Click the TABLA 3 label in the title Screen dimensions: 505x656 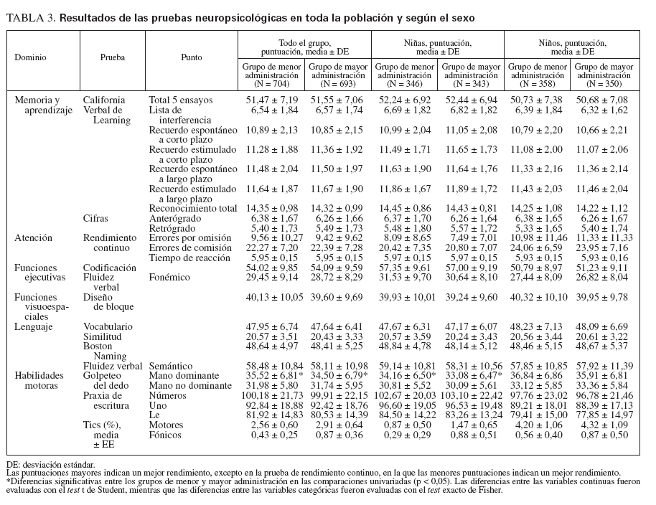coord(31,16)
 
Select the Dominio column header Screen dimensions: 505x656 coord(31,57)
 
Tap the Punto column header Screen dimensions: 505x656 coord(192,57)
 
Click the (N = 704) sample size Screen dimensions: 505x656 coord(271,82)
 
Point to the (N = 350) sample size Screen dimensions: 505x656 coord(604,82)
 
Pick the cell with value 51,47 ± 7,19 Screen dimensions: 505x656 coord(271,100)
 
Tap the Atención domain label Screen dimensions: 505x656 coord(34,238)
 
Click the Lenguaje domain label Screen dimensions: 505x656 coord(35,326)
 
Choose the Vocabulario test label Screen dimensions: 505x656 coord(108,326)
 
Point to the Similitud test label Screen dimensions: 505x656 coord(102,336)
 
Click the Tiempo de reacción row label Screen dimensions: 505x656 coord(190,258)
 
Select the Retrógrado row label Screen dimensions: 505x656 coord(174,228)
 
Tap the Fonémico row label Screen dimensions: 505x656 coord(173,277)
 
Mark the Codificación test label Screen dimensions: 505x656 coord(111,268)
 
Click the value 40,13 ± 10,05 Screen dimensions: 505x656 coord(271,297)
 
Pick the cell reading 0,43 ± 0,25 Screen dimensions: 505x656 coord(271,435)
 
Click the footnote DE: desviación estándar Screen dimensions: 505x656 coord(47,466)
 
